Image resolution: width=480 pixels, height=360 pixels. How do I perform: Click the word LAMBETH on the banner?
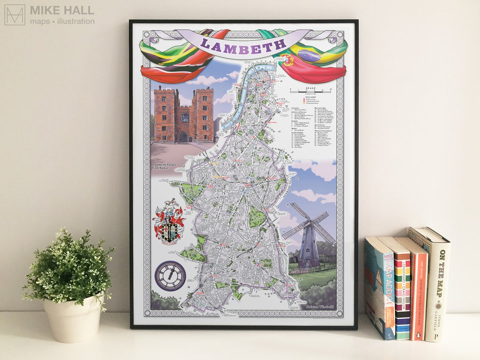pyautogui.click(x=243, y=44)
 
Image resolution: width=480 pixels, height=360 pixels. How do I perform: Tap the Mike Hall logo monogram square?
pyautogui.click(x=15, y=15)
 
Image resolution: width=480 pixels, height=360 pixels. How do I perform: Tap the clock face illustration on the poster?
pyautogui.click(x=170, y=276)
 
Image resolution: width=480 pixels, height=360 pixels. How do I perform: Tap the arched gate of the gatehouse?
pyautogui.click(x=183, y=136)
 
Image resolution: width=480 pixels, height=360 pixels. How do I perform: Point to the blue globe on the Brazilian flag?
pyautogui.click(x=312, y=56)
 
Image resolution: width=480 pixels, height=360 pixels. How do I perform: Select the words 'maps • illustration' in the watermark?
pyautogui.click(x=62, y=21)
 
